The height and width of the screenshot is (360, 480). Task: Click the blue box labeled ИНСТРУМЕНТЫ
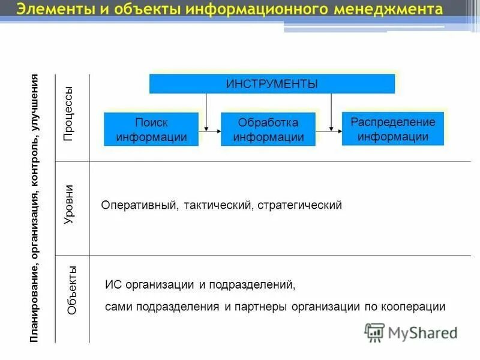pos(272,83)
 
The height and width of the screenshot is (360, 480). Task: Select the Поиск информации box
pos(151,130)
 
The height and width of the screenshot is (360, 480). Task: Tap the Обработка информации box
pos(268,130)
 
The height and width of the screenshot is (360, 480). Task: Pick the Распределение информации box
pos(393,129)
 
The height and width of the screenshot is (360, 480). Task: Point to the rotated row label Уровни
pos(69,205)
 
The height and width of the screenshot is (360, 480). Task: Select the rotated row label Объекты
pos(72,290)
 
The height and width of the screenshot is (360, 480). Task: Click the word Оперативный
pos(139,205)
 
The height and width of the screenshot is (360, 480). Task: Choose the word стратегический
pos(301,205)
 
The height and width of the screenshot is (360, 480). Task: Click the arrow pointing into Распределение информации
pos(333,128)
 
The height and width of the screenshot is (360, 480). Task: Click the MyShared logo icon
pos(375,332)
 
